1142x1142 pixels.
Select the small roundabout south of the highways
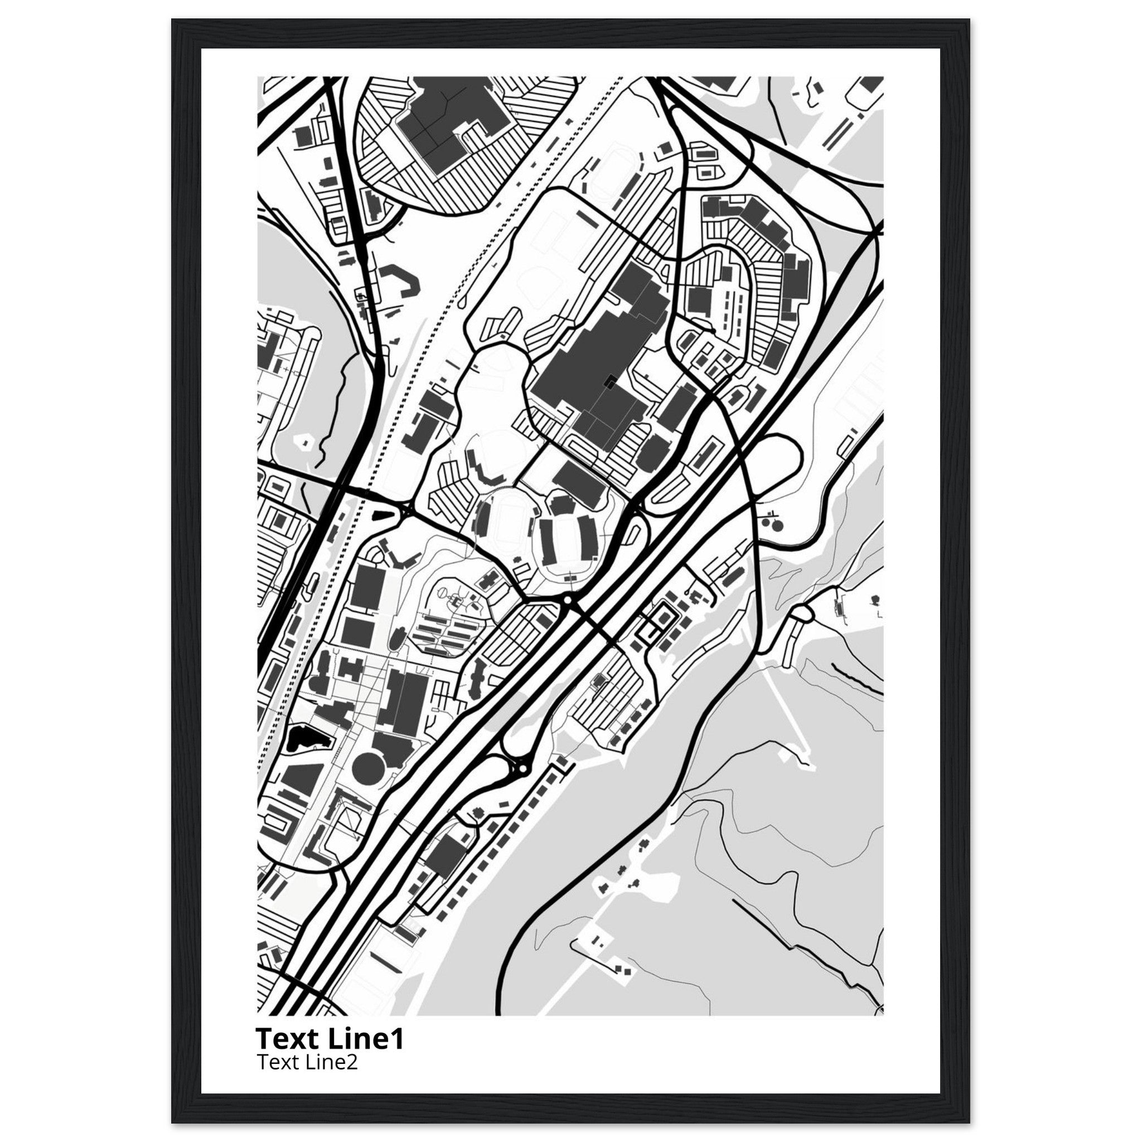click(x=522, y=768)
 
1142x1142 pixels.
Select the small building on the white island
click(x=306, y=441)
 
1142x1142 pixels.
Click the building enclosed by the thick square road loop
click(x=663, y=618)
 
